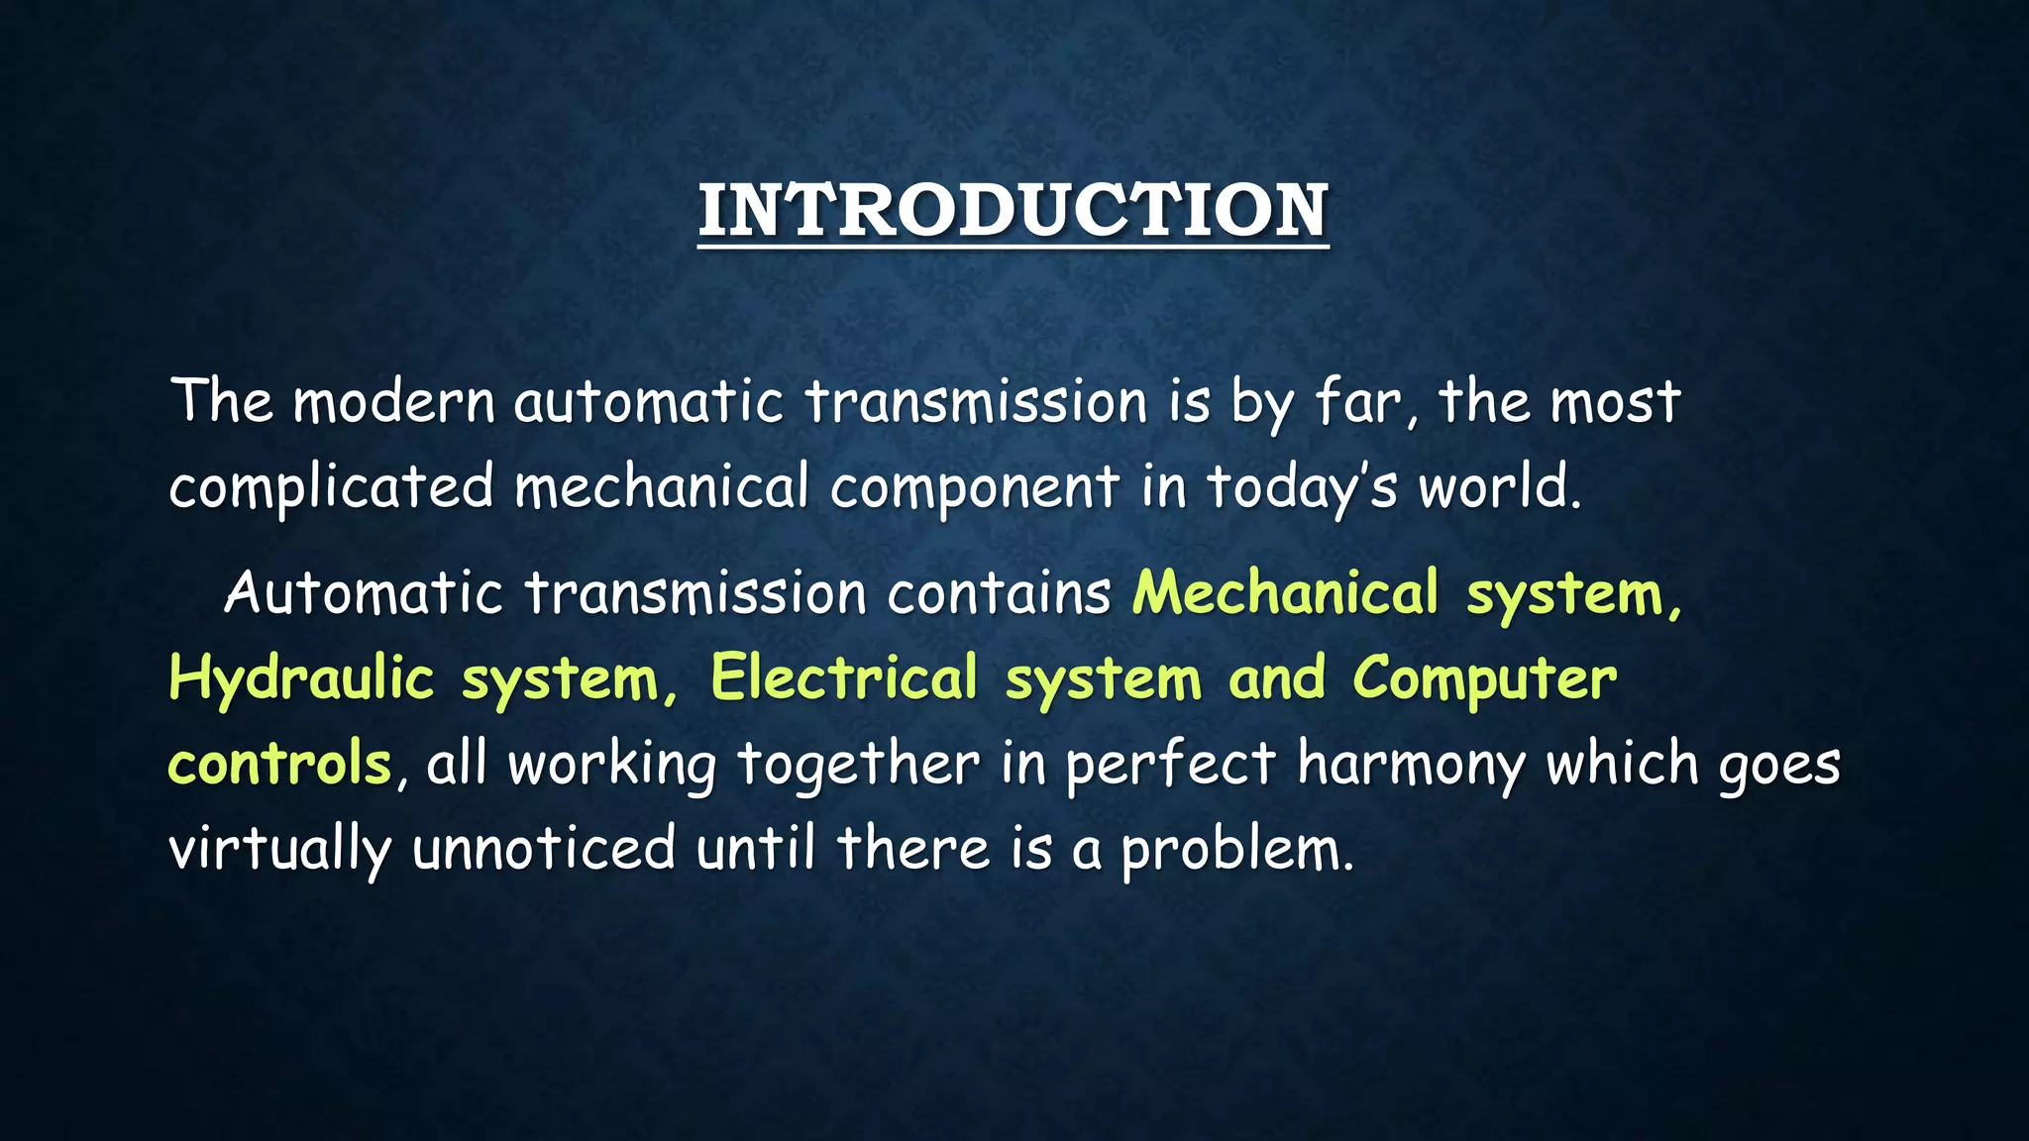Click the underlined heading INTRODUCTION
pos(1013,211)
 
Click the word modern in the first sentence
pos(393,403)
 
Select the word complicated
pos(331,487)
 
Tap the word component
pos(975,489)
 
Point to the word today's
pos(1301,489)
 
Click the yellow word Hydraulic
pos(301,680)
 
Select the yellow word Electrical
pos(844,679)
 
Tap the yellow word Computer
pos(1484,680)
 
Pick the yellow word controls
pos(279,765)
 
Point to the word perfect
pos(1171,767)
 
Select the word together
pos(858,767)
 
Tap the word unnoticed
pos(544,850)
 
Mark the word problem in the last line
pos(1235,852)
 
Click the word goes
pos(1779,767)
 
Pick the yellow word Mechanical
pos(1285,593)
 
